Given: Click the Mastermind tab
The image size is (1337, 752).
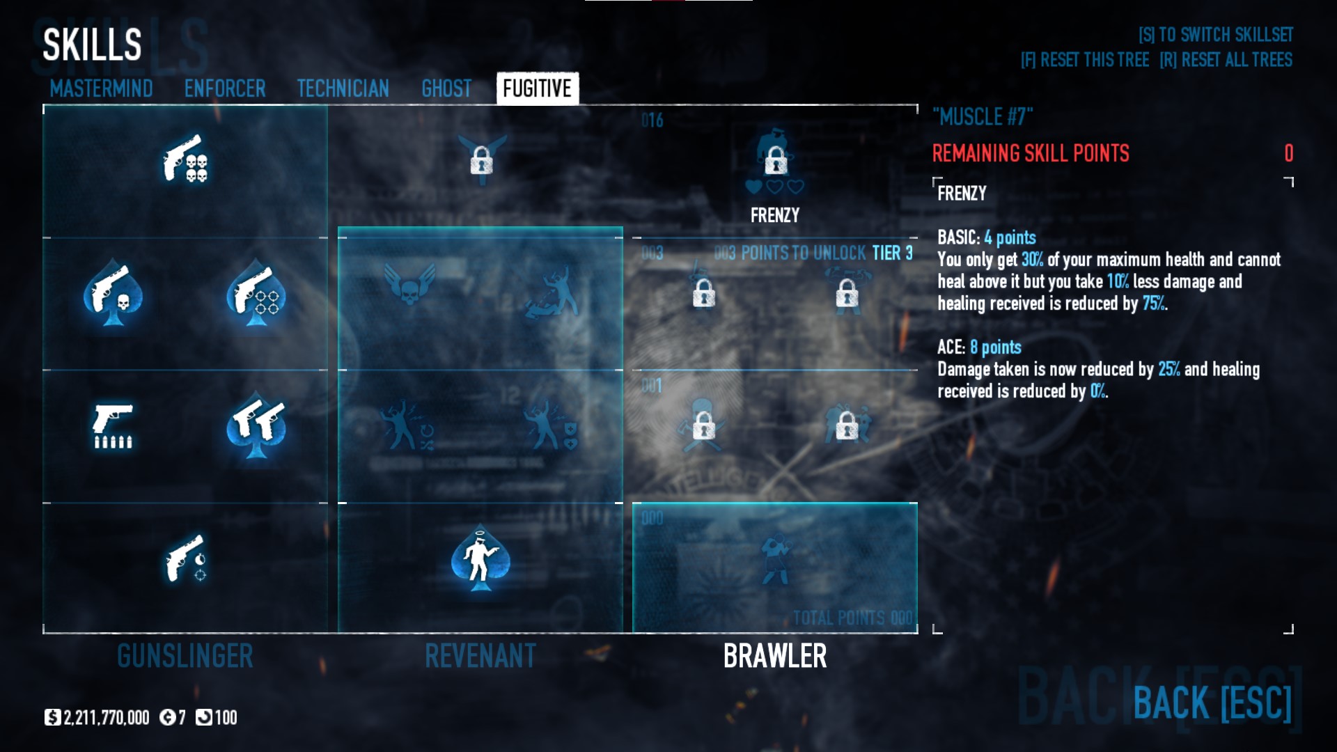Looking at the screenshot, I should click(101, 88).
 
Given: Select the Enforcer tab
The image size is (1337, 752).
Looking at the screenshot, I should click(225, 88).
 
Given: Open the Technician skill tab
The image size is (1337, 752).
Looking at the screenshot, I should click(343, 88).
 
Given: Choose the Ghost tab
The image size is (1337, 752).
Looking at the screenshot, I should click(446, 88).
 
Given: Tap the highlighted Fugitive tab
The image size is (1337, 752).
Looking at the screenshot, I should click(537, 88).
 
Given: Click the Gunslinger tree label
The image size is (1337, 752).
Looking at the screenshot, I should click(185, 656).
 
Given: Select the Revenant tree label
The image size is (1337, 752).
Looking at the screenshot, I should click(480, 656).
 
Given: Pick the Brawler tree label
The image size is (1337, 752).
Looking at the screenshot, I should click(775, 656).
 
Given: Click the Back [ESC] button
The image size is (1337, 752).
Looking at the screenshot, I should click(1212, 703).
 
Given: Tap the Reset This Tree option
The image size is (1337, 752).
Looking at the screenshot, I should click(1084, 60).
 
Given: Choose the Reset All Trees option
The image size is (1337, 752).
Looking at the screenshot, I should click(1226, 60).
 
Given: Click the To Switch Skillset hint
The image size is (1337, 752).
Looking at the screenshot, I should click(1215, 35).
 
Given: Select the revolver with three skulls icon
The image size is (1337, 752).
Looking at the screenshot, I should click(185, 159).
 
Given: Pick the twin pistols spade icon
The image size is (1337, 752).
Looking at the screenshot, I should click(256, 426).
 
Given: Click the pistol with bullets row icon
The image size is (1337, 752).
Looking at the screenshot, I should click(113, 426).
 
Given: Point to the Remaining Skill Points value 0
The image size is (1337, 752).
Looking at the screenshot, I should click(1288, 153).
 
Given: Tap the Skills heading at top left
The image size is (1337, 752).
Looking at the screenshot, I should click(92, 45).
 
